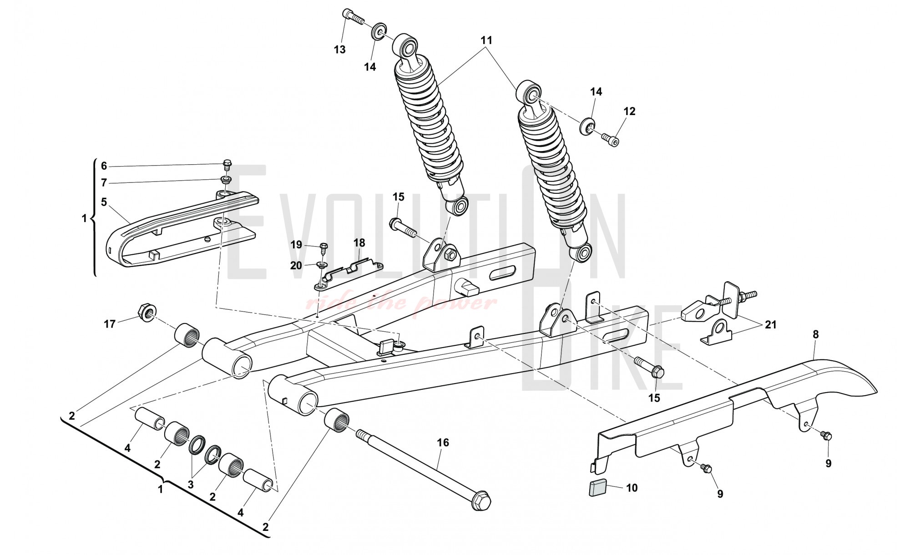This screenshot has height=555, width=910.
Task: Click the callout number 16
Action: click(443, 443)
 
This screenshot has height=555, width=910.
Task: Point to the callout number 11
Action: click(486, 40)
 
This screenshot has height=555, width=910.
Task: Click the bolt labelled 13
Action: click(354, 16)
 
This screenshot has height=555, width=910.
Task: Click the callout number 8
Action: click(815, 335)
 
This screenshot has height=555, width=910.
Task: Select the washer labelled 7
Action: click(226, 180)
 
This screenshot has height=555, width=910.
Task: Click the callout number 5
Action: click(104, 202)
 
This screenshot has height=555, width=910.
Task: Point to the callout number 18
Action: click(359, 243)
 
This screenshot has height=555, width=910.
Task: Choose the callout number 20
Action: click(296, 265)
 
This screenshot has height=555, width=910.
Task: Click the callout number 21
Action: click(771, 325)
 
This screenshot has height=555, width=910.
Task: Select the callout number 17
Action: click(110, 324)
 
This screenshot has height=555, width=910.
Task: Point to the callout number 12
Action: click(629, 111)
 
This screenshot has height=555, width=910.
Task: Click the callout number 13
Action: click(340, 50)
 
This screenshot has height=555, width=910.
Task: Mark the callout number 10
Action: click(632, 488)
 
